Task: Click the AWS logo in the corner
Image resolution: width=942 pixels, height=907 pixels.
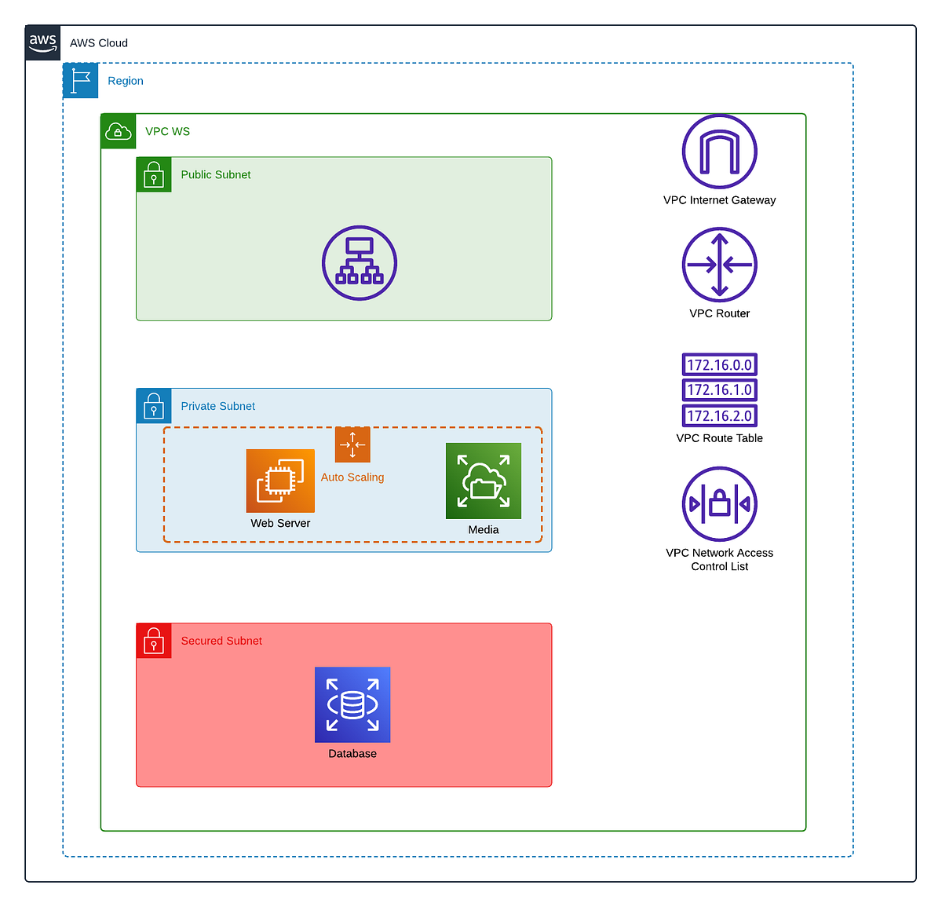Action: [42, 42]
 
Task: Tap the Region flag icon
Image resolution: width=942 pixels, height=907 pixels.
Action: [80, 81]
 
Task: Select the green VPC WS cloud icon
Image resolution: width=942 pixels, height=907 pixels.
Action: [118, 131]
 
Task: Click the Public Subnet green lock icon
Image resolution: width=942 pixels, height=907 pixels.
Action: [154, 175]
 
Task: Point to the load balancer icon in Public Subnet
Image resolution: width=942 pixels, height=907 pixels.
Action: [360, 263]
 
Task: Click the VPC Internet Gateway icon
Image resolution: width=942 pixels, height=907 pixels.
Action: [719, 152]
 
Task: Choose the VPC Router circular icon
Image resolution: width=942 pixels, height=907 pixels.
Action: [719, 265]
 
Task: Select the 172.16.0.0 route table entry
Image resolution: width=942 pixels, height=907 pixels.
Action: [719, 365]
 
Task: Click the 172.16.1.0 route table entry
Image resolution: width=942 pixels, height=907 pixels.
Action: [719, 390]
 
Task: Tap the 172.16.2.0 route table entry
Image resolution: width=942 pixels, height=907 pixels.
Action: [719, 416]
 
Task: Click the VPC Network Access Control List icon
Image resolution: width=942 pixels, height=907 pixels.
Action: [719, 504]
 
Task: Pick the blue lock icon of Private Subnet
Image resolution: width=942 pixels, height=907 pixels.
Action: [154, 406]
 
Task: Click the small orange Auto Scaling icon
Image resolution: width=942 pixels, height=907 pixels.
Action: [352, 444]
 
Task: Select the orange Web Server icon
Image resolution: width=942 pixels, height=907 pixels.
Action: [280, 481]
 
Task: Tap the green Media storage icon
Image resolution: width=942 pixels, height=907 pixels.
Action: [484, 481]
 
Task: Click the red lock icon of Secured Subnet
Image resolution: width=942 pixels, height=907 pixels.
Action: [154, 641]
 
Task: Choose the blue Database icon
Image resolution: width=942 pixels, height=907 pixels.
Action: [352, 704]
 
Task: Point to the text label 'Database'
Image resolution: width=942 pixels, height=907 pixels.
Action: [352, 754]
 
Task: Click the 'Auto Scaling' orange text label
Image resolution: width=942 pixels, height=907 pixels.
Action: [352, 477]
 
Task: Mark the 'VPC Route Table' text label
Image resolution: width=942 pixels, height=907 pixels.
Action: [719, 438]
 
